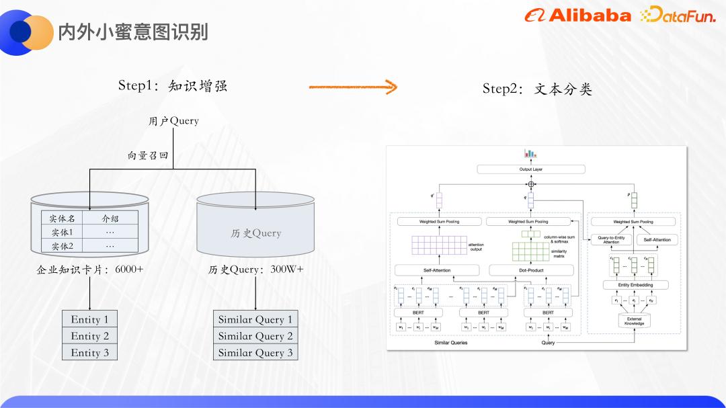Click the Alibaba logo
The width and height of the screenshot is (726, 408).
coord(577,15)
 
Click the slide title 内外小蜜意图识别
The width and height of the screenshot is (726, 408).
coord(133,32)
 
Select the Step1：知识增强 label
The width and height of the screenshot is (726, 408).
coord(173,85)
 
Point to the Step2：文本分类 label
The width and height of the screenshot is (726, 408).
coord(537,89)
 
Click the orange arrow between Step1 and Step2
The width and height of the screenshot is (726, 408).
coord(353,87)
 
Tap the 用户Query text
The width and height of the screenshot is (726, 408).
coord(173,121)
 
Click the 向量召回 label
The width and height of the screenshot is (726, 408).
coord(148,155)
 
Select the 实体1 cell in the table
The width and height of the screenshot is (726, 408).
coord(62,232)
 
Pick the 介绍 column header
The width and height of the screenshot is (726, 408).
coord(110,218)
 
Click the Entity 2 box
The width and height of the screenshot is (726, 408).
coord(89,336)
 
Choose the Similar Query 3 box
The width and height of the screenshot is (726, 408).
coord(255,352)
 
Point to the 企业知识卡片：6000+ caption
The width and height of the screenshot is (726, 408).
coord(90,270)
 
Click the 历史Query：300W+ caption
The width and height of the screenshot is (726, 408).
coord(255,270)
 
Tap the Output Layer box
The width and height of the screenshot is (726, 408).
coord(531,169)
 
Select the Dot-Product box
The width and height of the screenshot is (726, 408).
coord(530,270)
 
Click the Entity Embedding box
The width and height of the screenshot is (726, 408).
coord(634,285)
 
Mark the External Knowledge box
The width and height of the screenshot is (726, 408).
coord(634,321)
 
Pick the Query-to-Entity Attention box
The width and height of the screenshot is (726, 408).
coord(611,240)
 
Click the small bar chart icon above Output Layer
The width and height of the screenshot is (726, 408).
coord(530,154)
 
